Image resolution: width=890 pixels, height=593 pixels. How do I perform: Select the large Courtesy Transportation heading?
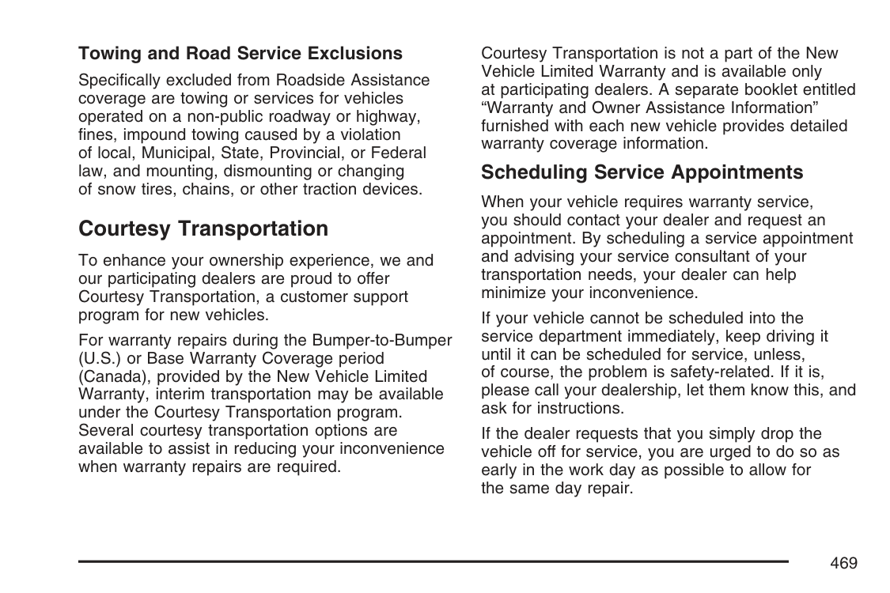203,229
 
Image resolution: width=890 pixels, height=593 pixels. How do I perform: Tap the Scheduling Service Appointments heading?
642,172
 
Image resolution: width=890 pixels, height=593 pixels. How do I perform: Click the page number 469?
844,563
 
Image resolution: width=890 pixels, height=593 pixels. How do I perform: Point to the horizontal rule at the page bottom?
433,561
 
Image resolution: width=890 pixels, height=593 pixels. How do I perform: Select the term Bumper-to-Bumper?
382,341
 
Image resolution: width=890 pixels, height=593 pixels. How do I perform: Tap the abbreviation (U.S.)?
100,359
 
